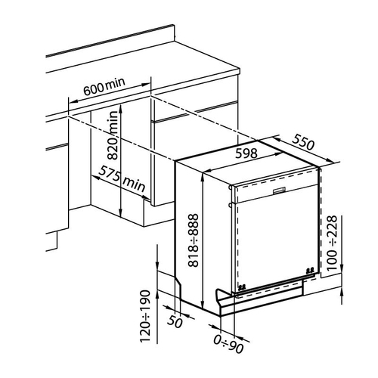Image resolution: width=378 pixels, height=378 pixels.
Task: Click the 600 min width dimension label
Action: tap(104, 86)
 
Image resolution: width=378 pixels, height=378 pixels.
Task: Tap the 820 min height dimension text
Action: tap(113, 135)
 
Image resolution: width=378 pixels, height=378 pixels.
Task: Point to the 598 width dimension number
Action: tap(246, 153)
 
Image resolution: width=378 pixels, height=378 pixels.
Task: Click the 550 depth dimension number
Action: tap(303, 142)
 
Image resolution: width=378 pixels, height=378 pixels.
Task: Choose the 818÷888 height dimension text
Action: tap(194, 240)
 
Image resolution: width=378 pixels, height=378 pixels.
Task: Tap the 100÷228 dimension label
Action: tap(332, 243)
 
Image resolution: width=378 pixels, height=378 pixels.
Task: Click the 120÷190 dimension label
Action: tap(145, 317)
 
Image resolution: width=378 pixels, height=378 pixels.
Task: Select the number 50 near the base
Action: tap(175, 321)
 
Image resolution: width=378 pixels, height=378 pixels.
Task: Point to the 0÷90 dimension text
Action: tap(228, 344)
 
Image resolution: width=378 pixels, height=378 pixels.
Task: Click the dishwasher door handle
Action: tap(279, 191)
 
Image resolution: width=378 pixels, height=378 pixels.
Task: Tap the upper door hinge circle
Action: tap(230, 187)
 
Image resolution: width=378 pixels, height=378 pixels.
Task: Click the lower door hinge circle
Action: tap(230, 205)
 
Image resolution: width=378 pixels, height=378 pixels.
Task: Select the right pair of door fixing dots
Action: tap(310, 270)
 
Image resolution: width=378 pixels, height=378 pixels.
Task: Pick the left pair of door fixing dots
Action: tap(242, 287)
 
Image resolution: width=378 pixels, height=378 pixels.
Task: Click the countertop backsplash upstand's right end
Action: tap(174, 33)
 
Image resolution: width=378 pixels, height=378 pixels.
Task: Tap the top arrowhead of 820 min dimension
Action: tap(121, 108)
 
